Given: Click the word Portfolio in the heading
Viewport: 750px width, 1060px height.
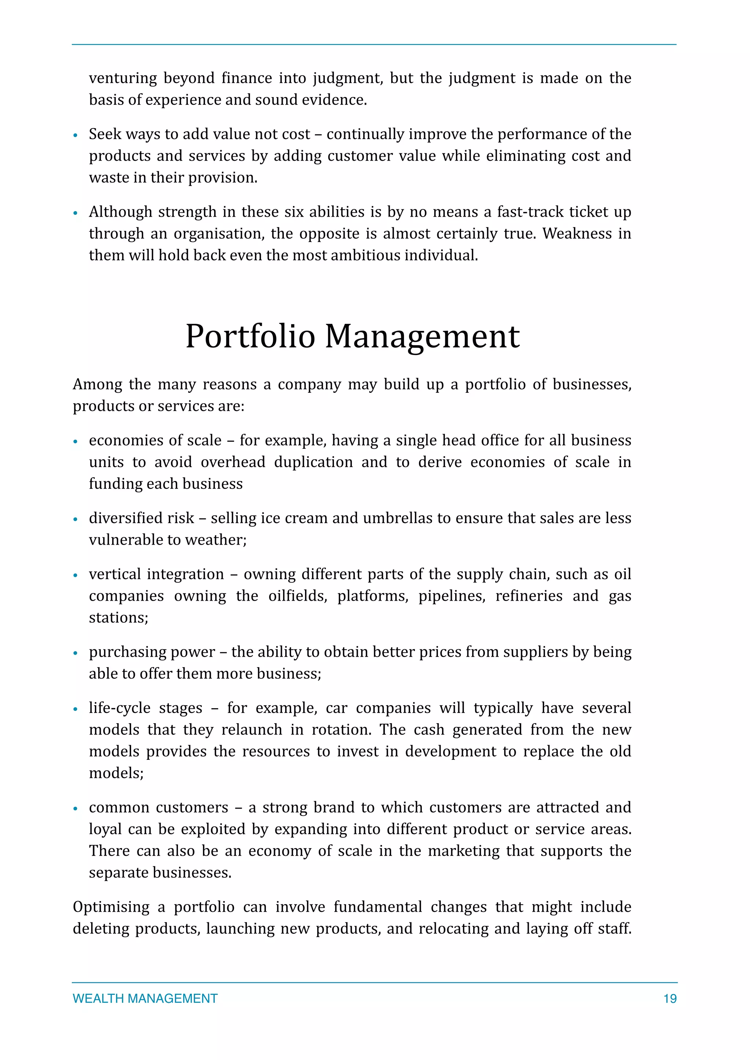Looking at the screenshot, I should [250, 337].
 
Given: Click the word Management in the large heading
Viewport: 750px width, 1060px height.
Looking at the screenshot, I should [422, 337].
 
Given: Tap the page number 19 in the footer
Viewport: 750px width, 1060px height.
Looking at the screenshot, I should [670, 999].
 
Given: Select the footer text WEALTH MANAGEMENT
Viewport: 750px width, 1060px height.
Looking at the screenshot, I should [145, 999].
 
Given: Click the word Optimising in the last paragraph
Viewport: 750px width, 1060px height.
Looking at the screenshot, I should [111, 907].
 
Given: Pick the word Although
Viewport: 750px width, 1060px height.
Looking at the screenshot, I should [120, 212].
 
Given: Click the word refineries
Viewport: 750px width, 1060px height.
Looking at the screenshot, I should [529, 596].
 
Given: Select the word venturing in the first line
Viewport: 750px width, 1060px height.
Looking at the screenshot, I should [122, 78].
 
